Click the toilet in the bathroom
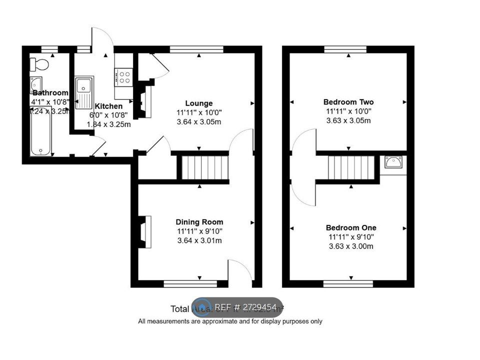(39, 64)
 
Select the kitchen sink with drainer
(84, 92)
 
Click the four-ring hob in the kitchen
(123, 77)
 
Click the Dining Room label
(199, 222)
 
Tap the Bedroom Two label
(348, 102)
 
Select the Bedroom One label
(351, 227)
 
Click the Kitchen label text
(108, 106)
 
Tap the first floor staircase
(351, 166)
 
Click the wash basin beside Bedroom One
(393, 162)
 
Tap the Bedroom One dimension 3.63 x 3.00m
(351, 246)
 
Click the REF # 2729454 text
(245, 307)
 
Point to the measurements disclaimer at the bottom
(230, 321)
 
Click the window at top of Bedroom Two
(348, 49)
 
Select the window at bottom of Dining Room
(190, 284)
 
